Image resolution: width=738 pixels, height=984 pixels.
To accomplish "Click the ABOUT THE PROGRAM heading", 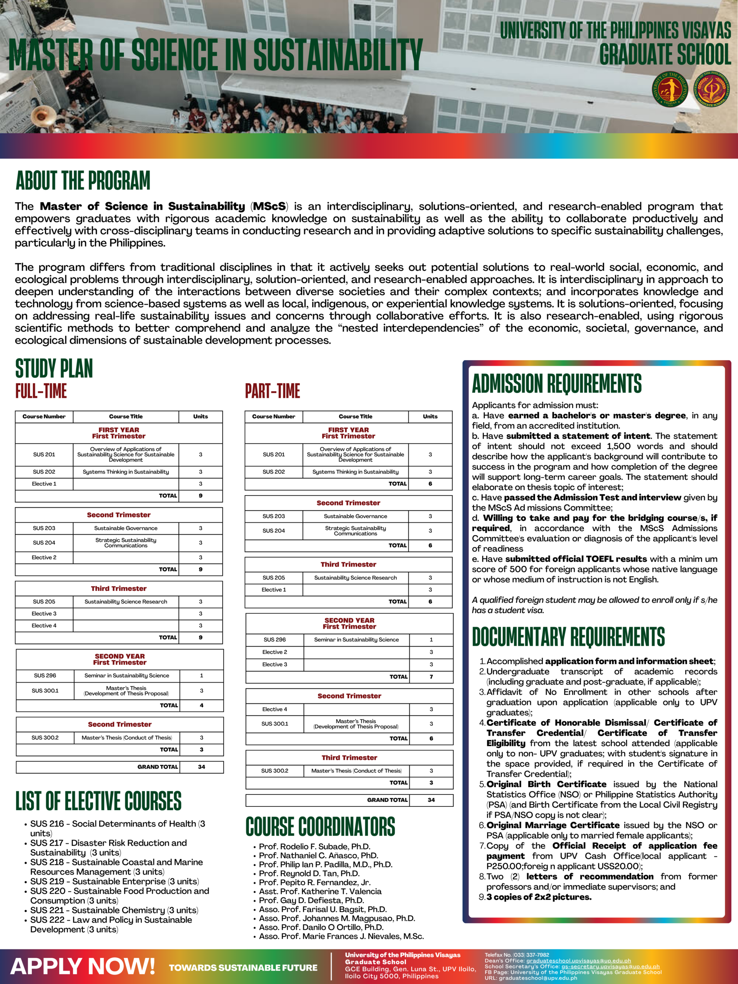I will (83, 181).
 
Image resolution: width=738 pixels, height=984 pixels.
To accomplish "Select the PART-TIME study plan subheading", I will (272, 391).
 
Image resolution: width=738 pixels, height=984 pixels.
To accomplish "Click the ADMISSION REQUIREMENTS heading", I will (557, 384).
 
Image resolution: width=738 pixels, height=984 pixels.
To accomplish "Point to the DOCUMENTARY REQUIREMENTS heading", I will (568, 637).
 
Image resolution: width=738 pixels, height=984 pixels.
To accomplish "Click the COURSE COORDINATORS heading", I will (320, 826).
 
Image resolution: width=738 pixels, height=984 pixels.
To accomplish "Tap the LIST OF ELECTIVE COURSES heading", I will (98, 801).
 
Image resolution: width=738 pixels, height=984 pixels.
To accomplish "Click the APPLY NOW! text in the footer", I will (82, 966).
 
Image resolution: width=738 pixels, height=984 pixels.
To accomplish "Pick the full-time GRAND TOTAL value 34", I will (201, 766).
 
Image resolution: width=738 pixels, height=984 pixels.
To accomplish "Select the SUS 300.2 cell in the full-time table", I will (45, 738).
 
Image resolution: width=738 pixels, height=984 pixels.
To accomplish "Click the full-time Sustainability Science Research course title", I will (126, 602).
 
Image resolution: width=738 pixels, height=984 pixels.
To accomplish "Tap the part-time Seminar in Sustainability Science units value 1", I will (431, 639).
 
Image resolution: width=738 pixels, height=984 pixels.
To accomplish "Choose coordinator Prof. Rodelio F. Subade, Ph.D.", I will (314, 846).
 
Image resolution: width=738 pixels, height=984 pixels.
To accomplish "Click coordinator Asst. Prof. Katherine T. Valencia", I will (320, 891).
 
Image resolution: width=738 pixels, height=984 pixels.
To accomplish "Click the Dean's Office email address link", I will (578, 961).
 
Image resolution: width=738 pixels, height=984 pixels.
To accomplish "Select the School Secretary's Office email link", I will (610, 966).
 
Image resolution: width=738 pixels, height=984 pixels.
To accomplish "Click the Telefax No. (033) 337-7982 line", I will (517, 955).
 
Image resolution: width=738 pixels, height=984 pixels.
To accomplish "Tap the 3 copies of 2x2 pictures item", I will (539, 897).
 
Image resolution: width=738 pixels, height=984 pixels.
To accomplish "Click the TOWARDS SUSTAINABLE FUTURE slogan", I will (243, 967).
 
